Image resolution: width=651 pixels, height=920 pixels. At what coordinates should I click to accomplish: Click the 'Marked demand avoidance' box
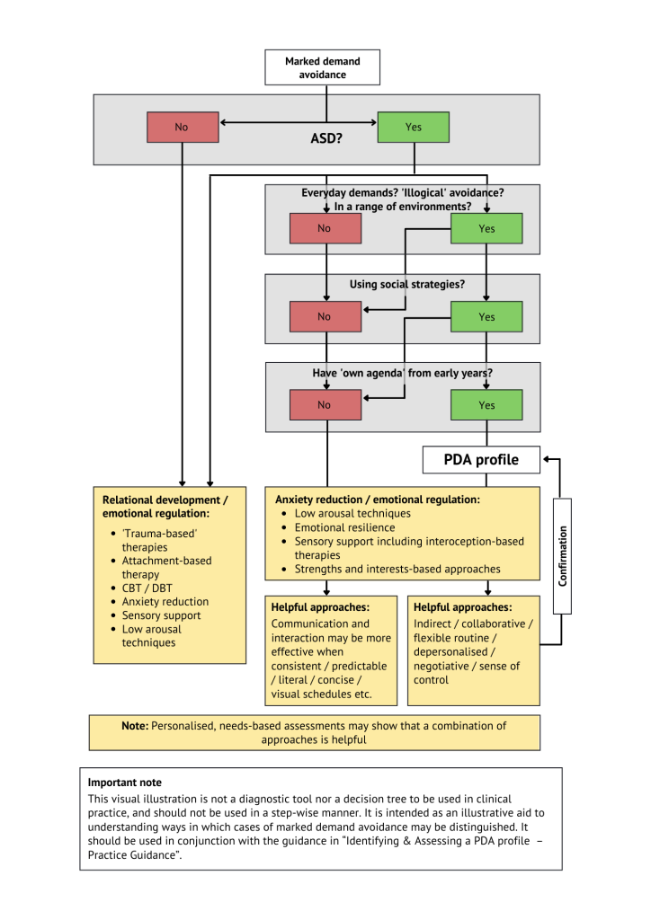(x=322, y=67)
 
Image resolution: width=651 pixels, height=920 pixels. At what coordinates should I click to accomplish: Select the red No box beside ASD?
(x=182, y=127)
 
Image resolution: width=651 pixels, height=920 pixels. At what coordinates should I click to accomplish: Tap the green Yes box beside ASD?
(x=413, y=127)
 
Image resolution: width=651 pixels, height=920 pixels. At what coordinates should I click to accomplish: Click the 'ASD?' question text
(x=325, y=140)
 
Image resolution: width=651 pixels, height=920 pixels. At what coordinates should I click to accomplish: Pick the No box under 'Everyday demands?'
(x=325, y=228)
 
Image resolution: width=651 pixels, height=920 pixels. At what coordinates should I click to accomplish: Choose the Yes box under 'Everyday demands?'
(x=486, y=228)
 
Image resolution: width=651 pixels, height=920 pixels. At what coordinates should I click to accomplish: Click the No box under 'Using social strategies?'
(x=325, y=316)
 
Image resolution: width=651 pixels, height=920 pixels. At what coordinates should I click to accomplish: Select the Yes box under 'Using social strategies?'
(x=486, y=316)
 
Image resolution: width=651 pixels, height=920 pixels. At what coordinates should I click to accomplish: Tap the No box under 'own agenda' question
(x=325, y=404)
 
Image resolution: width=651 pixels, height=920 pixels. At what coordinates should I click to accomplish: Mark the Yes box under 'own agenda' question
(x=486, y=404)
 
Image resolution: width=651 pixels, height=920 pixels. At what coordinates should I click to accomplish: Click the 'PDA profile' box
(x=481, y=460)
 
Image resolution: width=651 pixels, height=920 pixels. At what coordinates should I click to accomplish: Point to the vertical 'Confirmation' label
(x=563, y=555)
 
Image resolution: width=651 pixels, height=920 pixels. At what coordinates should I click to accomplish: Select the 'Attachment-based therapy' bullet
(x=166, y=567)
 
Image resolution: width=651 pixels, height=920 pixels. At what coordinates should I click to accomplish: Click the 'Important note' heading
(x=124, y=783)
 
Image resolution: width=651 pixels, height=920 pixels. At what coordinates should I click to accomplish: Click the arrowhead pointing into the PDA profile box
(x=548, y=460)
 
